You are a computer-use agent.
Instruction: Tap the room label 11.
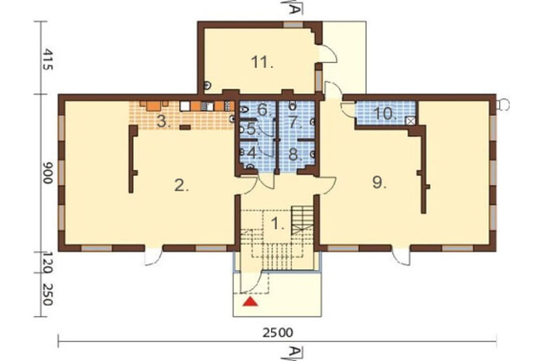pyautogui.click(x=262, y=62)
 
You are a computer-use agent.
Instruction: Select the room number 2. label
pyautogui.click(x=182, y=186)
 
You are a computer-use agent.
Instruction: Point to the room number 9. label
pyautogui.click(x=379, y=182)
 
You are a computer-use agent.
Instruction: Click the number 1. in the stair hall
pyautogui.click(x=278, y=224)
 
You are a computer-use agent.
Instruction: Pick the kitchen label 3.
pyautogui.click(x=164, y=121)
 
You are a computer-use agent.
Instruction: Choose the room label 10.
pyautogui.click(x=385, y=114)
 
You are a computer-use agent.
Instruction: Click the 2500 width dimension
pyautogui.click(x=278, y=333)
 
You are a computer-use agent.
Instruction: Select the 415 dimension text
pyautogui.click(x=48, y=60)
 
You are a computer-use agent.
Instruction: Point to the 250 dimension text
pyautogui.click(x=48, y=295)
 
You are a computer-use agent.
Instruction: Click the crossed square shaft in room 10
pyautogui.click(x=410, y=121)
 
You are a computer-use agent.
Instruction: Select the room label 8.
pyautogui.click(x=294, y=154)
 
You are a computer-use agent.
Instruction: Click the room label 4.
pyautogui.click(x=254, y=153)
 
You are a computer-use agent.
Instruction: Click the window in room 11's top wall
pyautogui.click(x=293, y=24)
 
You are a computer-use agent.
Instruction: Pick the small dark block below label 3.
pyautogui.click(x=185, y=127)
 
